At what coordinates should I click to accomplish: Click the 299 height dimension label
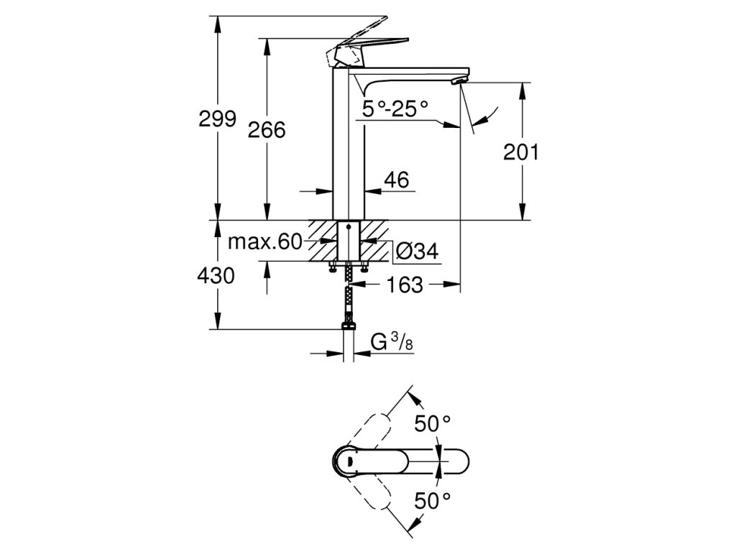coord(218,119)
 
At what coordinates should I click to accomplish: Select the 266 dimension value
coord(267,130)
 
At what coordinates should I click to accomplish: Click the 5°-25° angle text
coord(395,109)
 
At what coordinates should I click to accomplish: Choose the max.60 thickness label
coord(264,241)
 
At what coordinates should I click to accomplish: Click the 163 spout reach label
coord(405,285)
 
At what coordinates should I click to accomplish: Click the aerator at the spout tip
coord(458,81)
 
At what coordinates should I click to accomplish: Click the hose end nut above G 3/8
coord(349,328)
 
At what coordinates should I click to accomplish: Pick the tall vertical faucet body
coord(349,144)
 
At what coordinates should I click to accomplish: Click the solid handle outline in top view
coord(402,461)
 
